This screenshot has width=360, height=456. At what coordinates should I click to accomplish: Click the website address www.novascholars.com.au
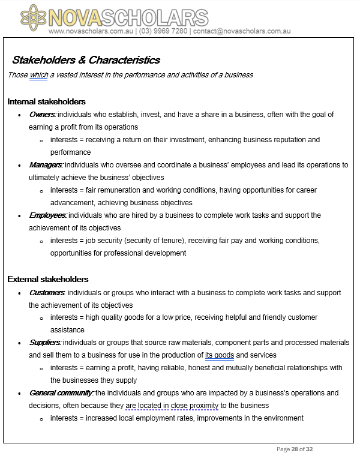[92, 31]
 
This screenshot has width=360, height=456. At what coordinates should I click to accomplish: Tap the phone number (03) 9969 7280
[163, 31]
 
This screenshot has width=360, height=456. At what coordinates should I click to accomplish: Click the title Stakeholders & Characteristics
[86, 60]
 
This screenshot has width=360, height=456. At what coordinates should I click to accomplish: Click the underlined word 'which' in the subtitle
[38, 75]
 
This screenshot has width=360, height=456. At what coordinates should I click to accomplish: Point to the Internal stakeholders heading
[46, 101]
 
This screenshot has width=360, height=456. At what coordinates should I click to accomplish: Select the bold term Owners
[42, 114]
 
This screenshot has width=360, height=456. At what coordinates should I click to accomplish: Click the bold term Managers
[46, 164]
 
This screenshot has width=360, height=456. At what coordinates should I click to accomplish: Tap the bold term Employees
[47, 215]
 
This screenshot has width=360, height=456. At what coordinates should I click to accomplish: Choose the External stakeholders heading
[48, 279]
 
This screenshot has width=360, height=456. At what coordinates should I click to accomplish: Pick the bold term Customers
[47, 292]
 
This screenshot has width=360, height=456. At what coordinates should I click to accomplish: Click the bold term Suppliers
[45, 342]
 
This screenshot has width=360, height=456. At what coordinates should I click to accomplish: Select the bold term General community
[61, 393]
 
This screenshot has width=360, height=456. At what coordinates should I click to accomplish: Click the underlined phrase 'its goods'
[220, 355]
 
